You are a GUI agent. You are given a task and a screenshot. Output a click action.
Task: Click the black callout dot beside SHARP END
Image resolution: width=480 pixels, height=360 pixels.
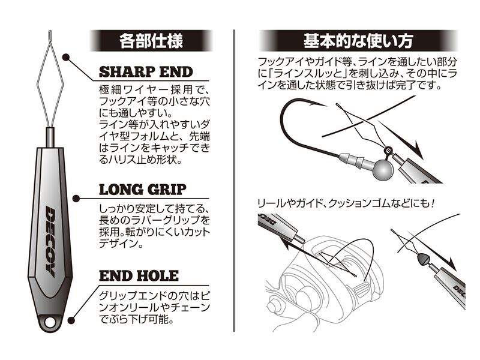[x=65, y=59]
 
